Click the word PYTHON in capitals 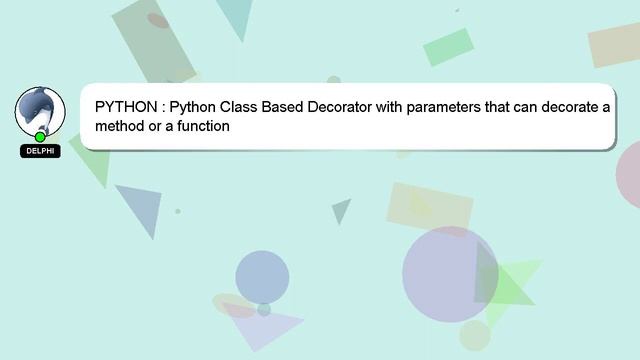pos(125,107)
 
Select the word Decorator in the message pos(339,107)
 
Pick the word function pos(203,127)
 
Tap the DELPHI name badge pos(40,151)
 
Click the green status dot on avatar pos(40,137)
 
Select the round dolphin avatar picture pos(40,111)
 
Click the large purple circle pos(450,273)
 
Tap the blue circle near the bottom pos(262,276)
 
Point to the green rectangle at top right pos(447,46)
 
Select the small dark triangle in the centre pos(342,210)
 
